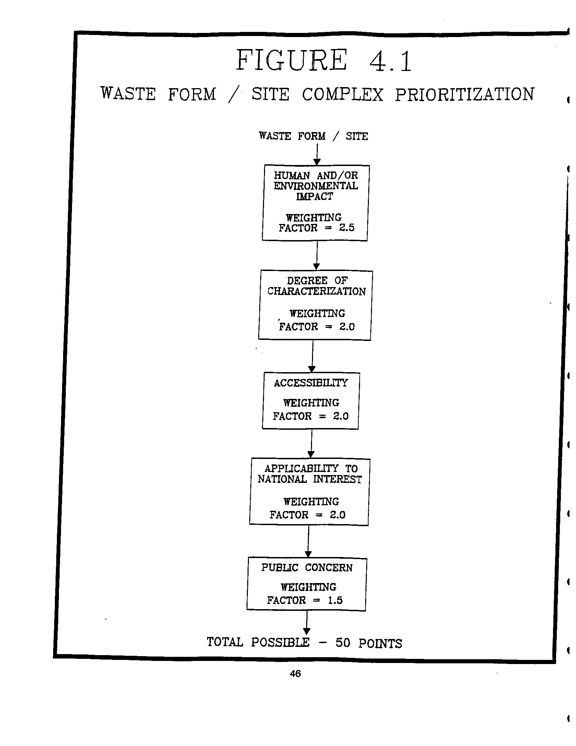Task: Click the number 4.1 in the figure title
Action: pyautogui.click(x=390, y=61)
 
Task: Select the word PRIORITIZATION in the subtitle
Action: pyautogui.click(x=464, y=95)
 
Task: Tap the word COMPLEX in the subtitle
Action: pyautogui.click(x=342, y=94)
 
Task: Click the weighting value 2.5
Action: pyautogui.click(x=347, y=228)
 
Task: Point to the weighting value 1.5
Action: pyautogui.click(x=335, y=600)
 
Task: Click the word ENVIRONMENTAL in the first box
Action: pyautogui.click(x=315, y=186)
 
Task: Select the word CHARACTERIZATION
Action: pyautogui.click(x=316, y=291)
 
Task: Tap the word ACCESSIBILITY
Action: pyautogui.click(x=311, y=383)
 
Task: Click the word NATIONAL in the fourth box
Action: pyautogui.click(x=282, y=479)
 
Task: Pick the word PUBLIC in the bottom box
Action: pyautogui.click(x=279, y=568)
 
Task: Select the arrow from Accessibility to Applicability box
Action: pyautogui.click(x=311, y=443)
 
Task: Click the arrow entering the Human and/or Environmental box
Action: pyautogui.click(x=317, y=154)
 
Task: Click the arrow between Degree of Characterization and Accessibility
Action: pyautogui.click(x=312, y=356)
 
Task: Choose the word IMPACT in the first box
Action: pyautogui.click(x=314, y=197)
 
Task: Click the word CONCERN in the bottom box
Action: pyautogui.click(x=328, y=568)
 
